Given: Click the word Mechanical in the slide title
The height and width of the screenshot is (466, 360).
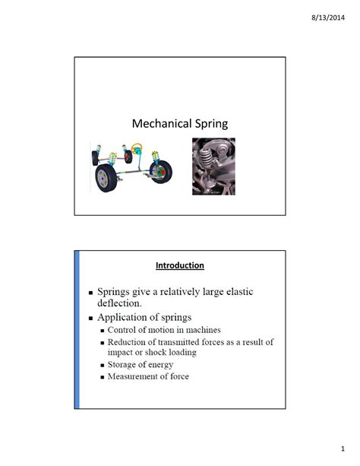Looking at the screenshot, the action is click(x=157, y=123).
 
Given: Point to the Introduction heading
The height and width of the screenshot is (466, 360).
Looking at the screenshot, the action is click(x=179, y=265).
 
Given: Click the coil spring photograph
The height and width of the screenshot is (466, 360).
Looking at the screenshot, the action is click(x=214, y=166).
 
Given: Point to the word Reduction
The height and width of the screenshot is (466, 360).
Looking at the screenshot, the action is click(x=131, y=342).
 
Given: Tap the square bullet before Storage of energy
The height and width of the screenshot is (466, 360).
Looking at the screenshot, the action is click(x=102, y=365).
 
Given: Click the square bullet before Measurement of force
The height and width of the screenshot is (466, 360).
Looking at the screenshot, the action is click(x=102, y=376).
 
